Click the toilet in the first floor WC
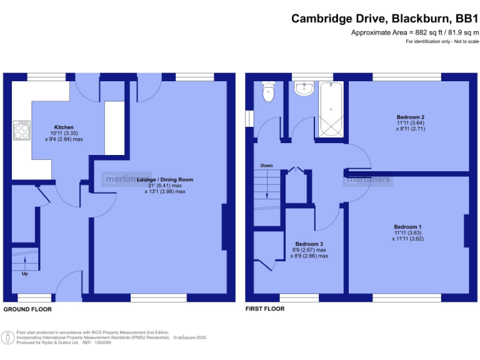(x=268, y=93)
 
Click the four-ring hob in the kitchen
(x=22, y=131)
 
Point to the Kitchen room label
(x=64, y=126)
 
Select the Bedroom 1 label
(x=407, y=226)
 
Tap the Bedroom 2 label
(x=411, y=117)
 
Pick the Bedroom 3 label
(x=309, y=243)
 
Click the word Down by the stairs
(x=267, y=166)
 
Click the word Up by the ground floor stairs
(x=25, y=274)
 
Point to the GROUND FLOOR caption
(x=27, y=309)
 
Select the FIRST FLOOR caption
(x=265, y=309)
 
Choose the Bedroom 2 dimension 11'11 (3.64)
(x=411, y=124)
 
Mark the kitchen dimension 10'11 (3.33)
(x=64, y=133)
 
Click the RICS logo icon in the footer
(x=7, y=337)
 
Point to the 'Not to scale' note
(x=465, y=41)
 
